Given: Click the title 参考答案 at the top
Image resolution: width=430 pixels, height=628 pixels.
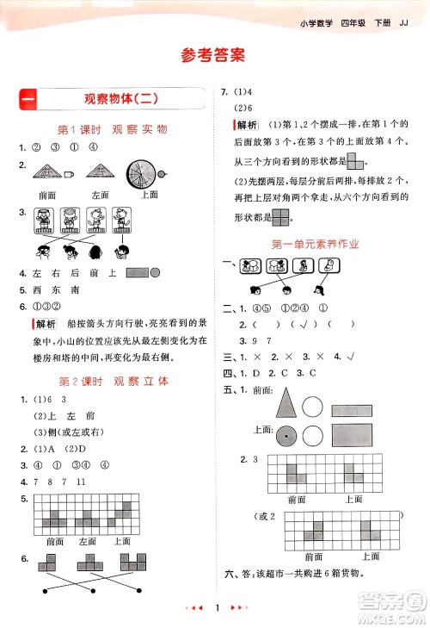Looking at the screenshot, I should point(214,55).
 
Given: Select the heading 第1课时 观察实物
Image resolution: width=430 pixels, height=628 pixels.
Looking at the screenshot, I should point(112,129).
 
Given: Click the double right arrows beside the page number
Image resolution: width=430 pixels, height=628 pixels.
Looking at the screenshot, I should point(240,609).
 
